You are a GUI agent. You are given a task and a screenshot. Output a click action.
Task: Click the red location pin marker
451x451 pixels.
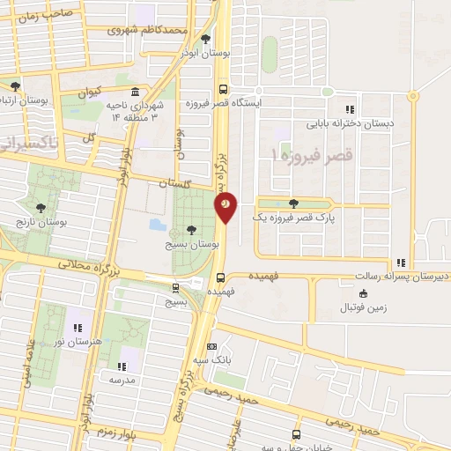click(x=225, y=205)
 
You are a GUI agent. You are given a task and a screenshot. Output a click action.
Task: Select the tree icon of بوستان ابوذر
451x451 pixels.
click(x=206, y=39)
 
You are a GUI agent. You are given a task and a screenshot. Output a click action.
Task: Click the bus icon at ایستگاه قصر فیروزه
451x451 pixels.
click(x=223, y=89)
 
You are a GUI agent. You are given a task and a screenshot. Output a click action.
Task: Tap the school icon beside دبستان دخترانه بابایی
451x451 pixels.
click(x=350, y=110)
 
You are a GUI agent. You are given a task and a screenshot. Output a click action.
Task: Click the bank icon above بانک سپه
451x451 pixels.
click(x=211, y=347)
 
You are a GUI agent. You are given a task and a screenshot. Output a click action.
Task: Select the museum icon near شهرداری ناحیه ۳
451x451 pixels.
click(x=134, y=92)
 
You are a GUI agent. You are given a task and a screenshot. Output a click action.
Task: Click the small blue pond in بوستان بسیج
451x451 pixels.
click(x=158, y=224)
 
